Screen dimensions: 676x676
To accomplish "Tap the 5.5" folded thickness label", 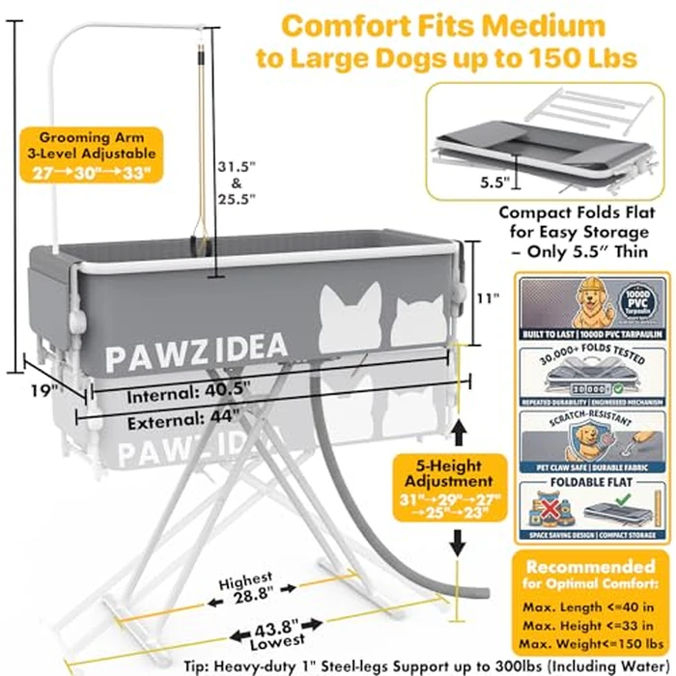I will coord(491,180).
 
